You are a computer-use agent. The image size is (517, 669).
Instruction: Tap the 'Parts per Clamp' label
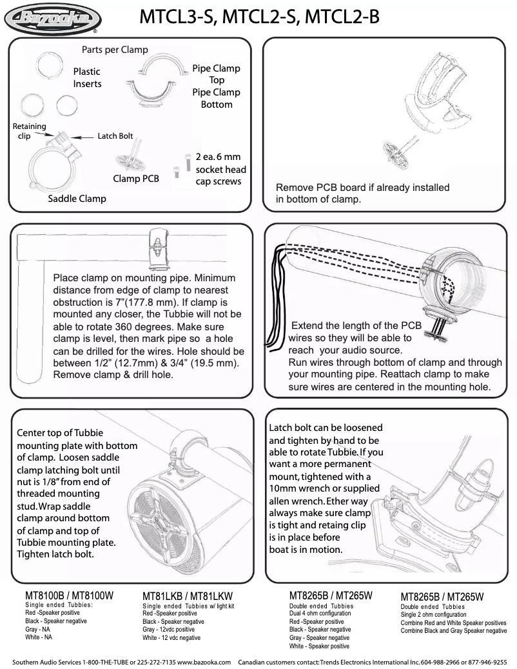(x=115, y=50)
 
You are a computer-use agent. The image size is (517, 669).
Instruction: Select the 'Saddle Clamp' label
(x=77, y=199)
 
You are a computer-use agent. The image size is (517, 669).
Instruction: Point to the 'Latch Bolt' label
(x=115, y=136)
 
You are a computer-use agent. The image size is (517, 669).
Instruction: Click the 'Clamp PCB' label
(x=136, y=179)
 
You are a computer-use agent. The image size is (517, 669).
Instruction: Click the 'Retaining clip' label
(x=29, y=131)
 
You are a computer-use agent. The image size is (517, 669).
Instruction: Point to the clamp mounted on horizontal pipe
(x=157, y=245)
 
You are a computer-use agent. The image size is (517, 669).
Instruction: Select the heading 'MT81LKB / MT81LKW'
(x=187, y=596)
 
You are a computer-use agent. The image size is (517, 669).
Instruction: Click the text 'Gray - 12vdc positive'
(x=169, y=629)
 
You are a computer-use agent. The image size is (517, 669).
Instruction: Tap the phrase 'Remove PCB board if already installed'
(x=362, y=188)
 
